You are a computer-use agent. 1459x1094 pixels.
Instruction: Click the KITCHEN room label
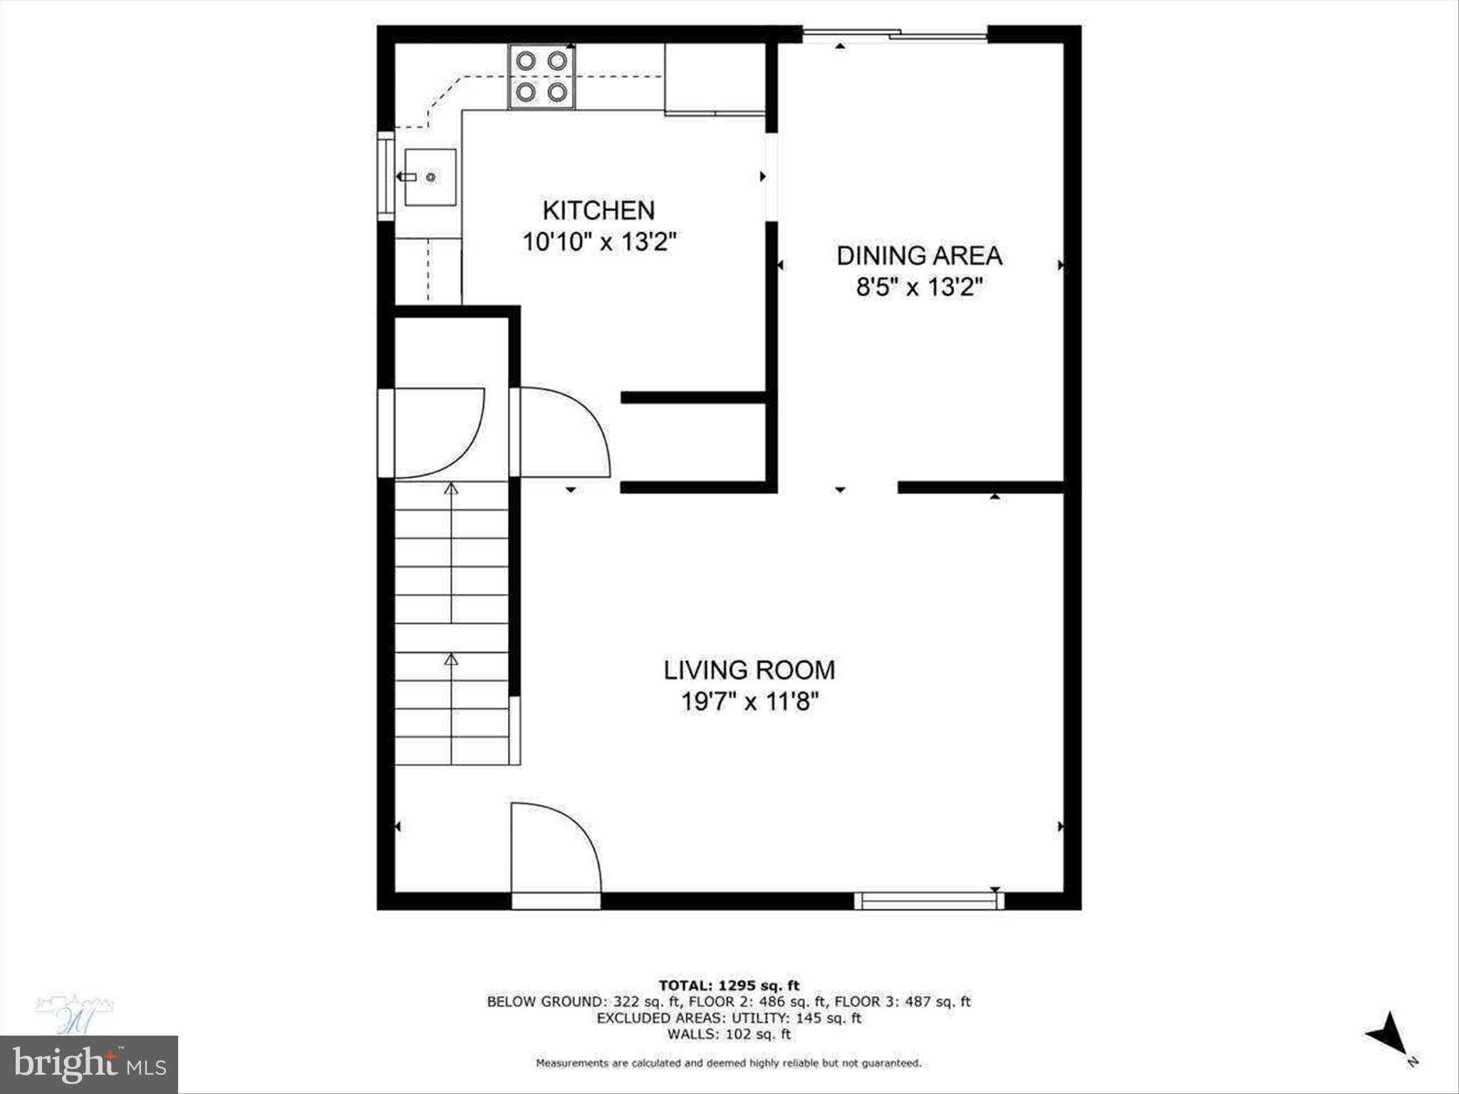(x=598, y=210)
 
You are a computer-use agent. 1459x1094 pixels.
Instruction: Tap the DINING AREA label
(x=919, y=256)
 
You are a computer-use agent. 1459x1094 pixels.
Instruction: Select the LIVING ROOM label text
(x=749, y=670)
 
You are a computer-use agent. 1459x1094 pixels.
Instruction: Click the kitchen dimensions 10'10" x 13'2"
(x=598, y=242)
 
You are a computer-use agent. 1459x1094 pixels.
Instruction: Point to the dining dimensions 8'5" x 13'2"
(x=919, y=288)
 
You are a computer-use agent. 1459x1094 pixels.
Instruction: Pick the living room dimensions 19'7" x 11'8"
(x=749, y=702)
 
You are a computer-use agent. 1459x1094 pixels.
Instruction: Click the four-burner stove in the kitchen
(x=541, y=77)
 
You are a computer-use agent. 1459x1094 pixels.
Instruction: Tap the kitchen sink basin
(x=430, y=177)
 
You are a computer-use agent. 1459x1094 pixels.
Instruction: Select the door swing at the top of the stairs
(x=438, y=432)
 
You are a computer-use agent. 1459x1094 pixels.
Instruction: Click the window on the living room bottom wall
(x=928, y=902)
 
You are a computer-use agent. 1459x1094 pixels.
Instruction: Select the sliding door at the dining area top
(x=895, y=33)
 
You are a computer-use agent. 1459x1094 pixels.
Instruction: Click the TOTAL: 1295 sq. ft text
(x=729, y=986)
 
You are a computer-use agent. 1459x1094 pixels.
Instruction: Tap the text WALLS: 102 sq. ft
(x=729, y=1034)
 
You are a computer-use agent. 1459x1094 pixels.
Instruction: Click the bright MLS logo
(x=89, y=1064)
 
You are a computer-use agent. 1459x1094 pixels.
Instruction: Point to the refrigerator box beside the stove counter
(x=715, y=77)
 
